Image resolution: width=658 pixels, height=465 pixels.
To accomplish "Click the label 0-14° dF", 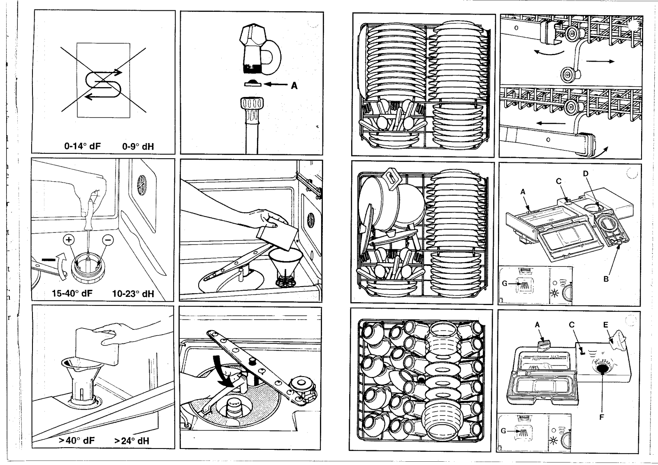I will pos(83,146).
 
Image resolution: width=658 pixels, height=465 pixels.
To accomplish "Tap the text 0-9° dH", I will pos(138,146).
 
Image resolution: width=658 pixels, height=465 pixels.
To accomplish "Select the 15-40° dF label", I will pos(72,293).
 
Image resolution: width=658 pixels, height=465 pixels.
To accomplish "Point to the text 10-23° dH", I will pos(133,293).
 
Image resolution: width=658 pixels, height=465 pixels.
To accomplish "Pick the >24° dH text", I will pos(132,441).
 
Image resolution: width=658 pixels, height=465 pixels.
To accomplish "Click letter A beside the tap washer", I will pos(294,86).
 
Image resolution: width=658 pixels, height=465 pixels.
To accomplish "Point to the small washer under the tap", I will pos(252,83).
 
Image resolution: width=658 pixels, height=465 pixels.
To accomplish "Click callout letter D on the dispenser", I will pos(586,174).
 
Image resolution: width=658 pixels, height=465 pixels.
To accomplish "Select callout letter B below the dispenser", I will pos(606,279).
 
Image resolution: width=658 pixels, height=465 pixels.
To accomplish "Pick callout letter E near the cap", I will pos(605,324).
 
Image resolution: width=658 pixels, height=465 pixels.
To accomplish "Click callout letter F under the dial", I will pos(602,417).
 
